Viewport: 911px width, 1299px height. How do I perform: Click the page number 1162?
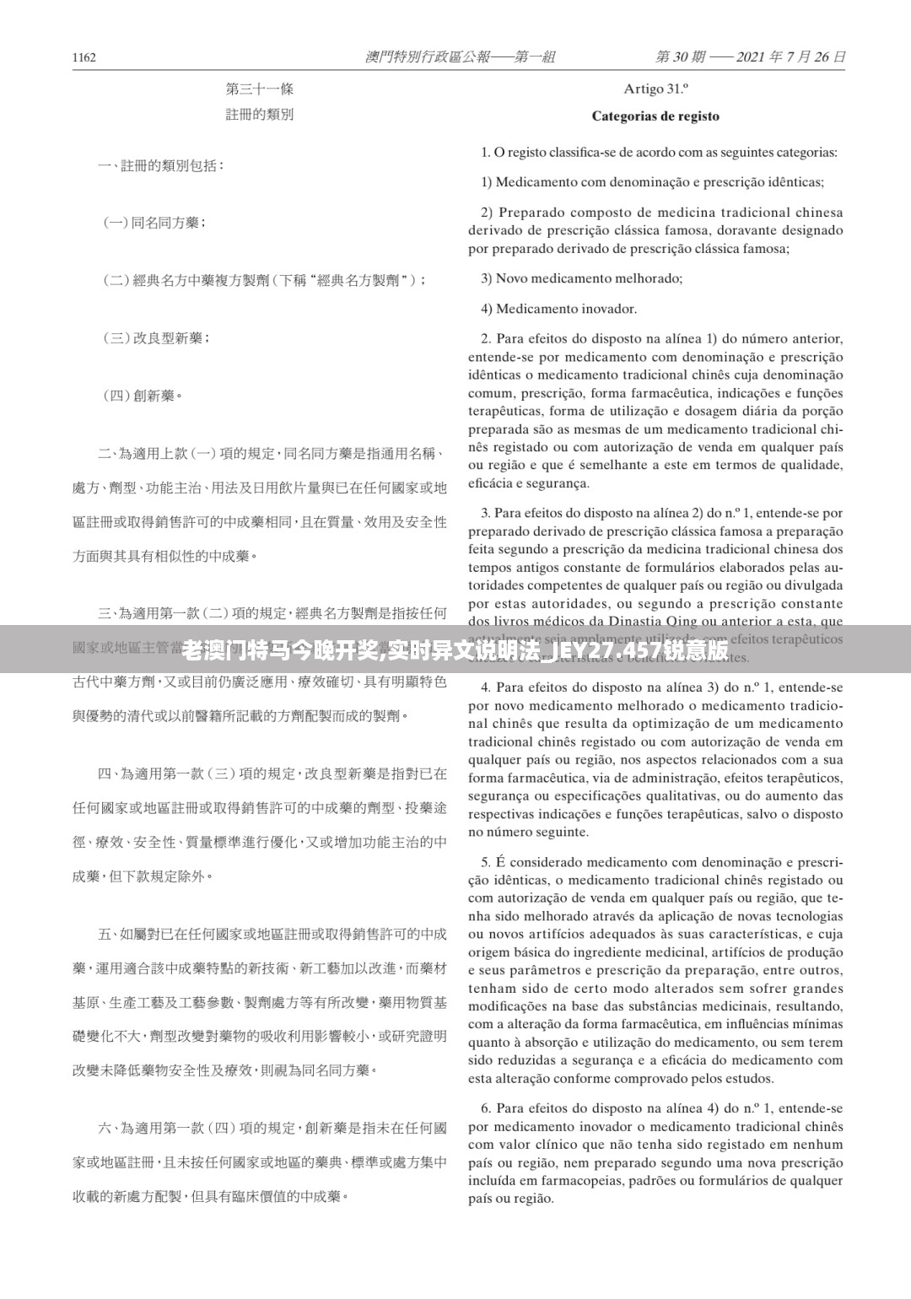coord(84,57)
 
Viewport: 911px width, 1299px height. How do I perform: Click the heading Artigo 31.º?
coord(655,89)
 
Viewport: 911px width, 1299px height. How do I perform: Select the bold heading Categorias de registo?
coord(655,116)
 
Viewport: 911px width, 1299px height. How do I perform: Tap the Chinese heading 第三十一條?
coord(260,89)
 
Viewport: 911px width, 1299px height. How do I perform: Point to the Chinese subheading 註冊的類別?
coord(260,115)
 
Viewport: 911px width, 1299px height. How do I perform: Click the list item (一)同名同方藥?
coord(154,223)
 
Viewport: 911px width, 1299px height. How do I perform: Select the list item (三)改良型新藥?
coord(156,338)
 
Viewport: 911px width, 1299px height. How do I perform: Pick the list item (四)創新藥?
coord(143,396)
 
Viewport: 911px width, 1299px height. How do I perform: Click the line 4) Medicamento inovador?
coord(558,309)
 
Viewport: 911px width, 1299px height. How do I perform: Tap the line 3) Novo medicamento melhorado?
coord(581,278)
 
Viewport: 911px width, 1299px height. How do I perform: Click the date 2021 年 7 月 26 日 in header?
coord(790,57)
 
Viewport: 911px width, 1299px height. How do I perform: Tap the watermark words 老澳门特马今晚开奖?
coord(278,650)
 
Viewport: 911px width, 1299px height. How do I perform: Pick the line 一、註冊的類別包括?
coord(161,166)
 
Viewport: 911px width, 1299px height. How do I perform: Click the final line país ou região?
coord(511,1199)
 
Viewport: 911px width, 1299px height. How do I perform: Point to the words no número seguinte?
coord(529,832)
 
